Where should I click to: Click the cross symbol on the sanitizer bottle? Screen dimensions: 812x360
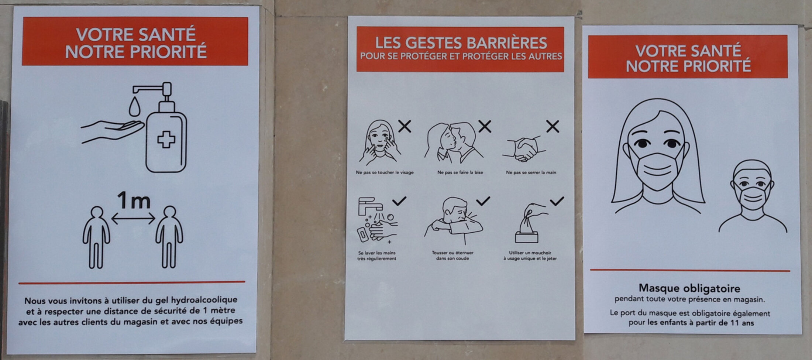point(166,140)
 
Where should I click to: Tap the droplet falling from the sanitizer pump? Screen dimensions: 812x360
point(134,107)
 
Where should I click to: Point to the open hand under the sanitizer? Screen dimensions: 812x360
point(112,131)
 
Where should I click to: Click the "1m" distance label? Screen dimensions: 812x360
point(134,200)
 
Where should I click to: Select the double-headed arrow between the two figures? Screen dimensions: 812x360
point(133,219)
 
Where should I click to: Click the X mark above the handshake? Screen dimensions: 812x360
point(553,127)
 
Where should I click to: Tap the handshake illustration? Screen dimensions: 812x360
point(524,149)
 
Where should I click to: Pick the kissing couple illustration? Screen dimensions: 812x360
point(453,143)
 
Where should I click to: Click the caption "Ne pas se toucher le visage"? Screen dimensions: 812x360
point(385,172)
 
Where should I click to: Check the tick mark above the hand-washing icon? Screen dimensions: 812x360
point(399,201)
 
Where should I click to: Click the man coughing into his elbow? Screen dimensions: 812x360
point(454,221)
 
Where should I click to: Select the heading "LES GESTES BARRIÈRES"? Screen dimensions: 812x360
point(461,43)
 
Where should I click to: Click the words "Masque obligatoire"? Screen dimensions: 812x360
point(689,288)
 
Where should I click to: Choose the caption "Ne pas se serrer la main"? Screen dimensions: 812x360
point(531,172)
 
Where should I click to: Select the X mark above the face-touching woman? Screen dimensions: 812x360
point(405,126)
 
